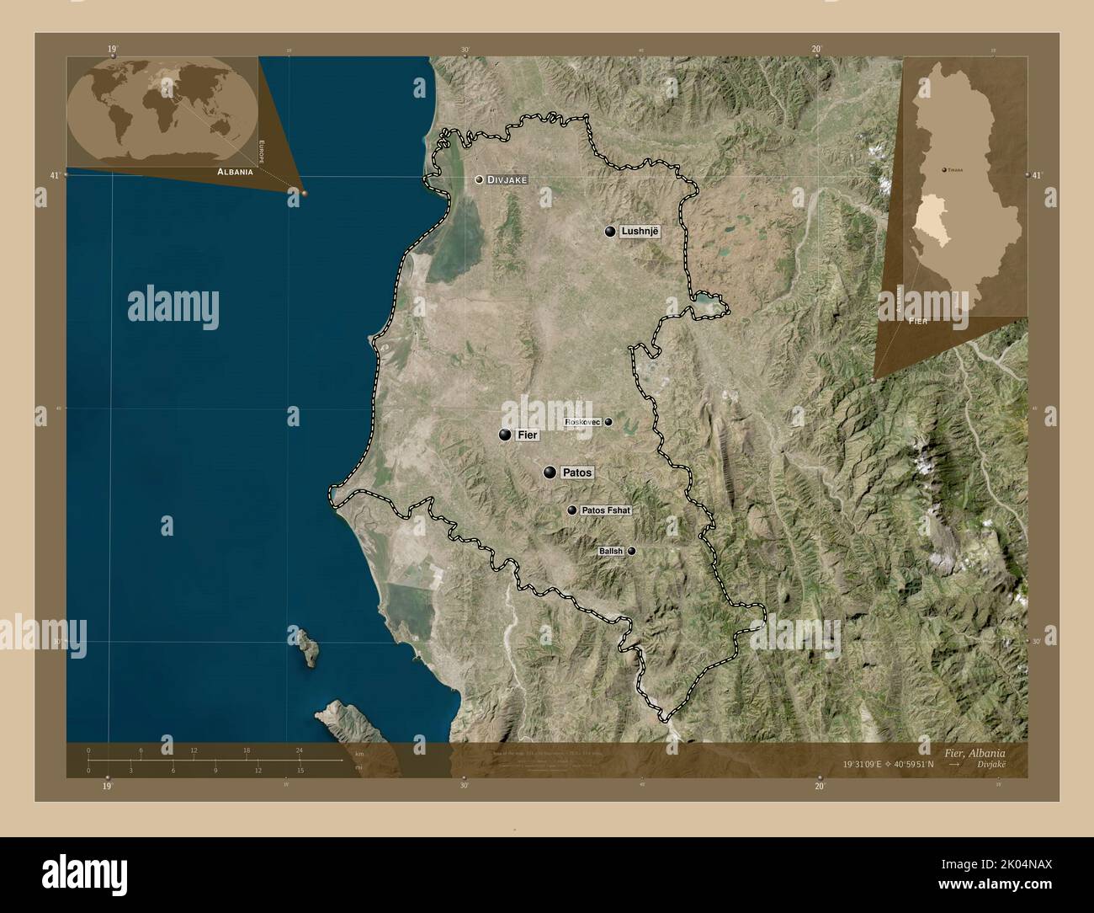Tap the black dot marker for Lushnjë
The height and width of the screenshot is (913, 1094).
click(610, 231)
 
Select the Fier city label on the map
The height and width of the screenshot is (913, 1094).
click(528, 435)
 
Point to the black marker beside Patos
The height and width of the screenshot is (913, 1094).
click(550, 473)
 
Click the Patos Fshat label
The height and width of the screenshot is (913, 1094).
click(605, 510)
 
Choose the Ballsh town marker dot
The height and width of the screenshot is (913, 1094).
click(631, 551)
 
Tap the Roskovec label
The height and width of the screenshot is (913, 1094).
click(582, 422)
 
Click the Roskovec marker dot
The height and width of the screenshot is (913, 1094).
click(608, 422)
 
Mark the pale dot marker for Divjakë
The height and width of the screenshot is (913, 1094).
click(479, 179)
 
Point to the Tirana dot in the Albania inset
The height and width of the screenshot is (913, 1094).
click(943, 169)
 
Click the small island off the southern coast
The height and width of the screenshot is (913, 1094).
click(305, 644)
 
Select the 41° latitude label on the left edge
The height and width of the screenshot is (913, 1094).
click(55, 175)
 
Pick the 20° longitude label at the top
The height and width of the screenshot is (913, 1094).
click(816, 50)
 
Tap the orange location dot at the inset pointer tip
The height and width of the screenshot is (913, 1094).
click(304, 193)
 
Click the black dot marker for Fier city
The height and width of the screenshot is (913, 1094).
click(505, 435)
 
